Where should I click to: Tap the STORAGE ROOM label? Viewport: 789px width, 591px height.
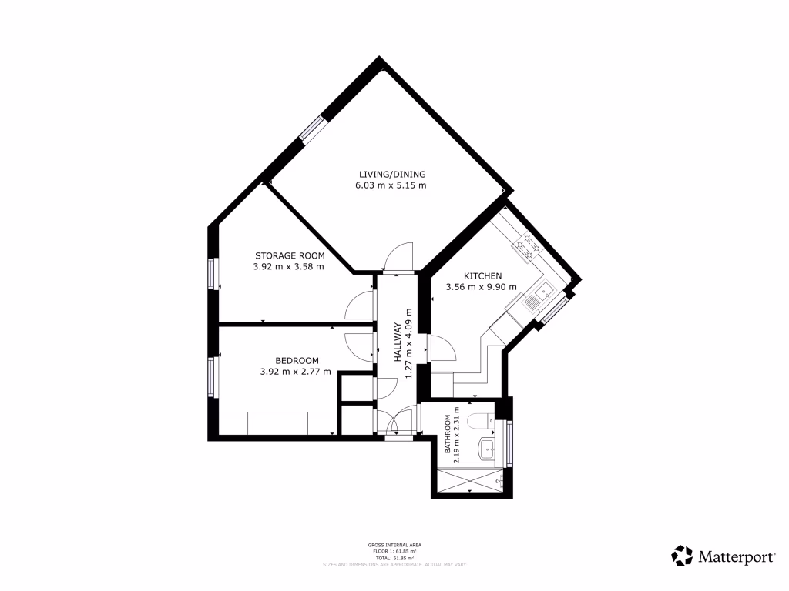(290, 255)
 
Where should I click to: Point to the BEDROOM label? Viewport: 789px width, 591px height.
(297, 360)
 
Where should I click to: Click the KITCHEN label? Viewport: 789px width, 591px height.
(482, 276)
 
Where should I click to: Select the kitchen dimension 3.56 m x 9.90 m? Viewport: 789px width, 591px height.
(482, 288)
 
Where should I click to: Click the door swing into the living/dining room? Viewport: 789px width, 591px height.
(399, 257)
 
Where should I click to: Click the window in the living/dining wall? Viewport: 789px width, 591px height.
(313, 129)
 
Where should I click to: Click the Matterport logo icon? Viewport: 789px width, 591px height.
(682, 555)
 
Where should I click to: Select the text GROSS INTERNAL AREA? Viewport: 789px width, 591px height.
(394, 545)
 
